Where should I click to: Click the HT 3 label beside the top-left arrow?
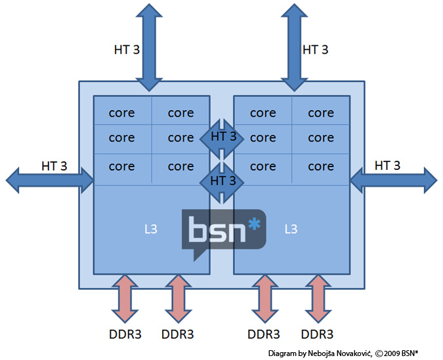tap(126, 50)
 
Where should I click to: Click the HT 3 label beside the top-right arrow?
tap(315, 50)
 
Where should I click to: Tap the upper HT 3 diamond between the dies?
tap(222, 137)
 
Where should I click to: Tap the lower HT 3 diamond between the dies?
tap(222, 179)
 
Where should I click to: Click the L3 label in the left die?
tap(150, 229)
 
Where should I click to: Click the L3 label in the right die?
tap(291, 229)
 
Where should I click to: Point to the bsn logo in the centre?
tap(223, 231)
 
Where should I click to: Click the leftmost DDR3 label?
tap(125, 333)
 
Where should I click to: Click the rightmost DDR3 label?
tap(318, 333)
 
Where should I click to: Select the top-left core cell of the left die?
tap(122, 113)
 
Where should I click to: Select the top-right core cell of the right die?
tap(321, 113)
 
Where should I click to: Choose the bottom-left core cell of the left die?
tap(122, 167)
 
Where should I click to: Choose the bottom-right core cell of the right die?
tap(321, 167)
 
